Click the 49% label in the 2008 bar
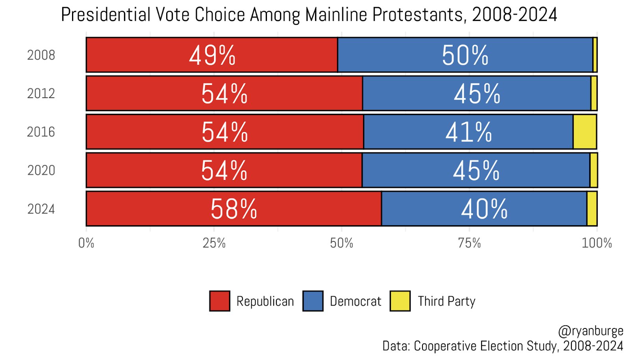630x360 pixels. point(212,56)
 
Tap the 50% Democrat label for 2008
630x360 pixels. point(465,56)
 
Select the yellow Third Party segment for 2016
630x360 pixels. point(585,132)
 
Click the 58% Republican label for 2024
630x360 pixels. point(233,209)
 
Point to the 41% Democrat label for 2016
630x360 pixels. point(469,132)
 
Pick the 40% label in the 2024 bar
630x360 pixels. point(484,209)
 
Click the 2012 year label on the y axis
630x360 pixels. point(41,94)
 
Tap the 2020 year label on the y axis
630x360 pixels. point(41,171)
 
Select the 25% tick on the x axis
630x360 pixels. point(214,243)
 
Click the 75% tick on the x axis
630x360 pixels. point(469,243)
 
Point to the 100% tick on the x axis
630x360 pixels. point(597,243)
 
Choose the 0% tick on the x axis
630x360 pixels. point(86,243)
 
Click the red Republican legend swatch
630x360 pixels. point(220,301)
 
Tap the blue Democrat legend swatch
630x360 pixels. point(313,301)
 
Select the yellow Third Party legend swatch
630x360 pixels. point(400,301)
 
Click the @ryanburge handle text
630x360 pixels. point(591,331)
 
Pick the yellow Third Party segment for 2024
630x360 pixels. point(592,209)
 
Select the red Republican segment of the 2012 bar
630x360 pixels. point(157,94)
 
